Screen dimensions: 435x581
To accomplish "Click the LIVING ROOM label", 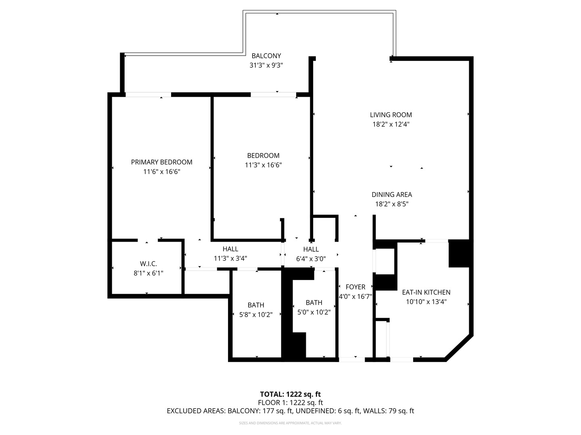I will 391,115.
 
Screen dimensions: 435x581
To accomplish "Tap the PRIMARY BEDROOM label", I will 161,162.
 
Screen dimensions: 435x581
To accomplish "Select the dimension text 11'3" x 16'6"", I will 263,165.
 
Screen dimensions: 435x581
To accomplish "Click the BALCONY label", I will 266,56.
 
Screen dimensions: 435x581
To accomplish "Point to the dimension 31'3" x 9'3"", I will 266,65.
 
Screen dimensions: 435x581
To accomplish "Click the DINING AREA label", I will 391,195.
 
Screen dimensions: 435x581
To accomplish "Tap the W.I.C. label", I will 148,264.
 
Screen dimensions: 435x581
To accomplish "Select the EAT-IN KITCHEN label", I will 426,292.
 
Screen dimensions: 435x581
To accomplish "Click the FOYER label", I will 355,287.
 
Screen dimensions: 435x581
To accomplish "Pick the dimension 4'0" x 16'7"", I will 355,296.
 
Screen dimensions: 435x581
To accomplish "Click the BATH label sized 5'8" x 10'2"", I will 256,305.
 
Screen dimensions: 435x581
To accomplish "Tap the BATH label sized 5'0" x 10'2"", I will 314,302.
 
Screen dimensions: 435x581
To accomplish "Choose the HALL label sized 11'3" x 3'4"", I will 230,249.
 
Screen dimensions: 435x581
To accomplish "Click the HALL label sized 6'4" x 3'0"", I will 311,249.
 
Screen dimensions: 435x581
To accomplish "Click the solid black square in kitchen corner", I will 459,254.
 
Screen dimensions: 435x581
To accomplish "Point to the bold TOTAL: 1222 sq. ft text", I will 290,394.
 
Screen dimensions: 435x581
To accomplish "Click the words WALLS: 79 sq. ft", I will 389,411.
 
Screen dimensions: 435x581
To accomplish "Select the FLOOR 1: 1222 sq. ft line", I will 290,402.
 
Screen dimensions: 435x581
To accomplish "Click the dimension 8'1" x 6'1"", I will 148,273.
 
